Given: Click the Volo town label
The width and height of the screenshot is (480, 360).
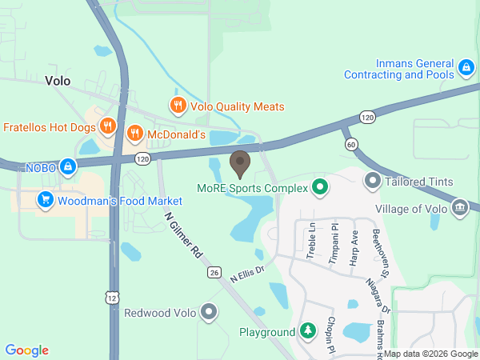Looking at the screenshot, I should [58, 80].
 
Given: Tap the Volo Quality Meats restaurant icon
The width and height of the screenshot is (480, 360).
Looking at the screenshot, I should [178, 105].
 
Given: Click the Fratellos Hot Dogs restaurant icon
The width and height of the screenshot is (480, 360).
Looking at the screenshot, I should [107, 126].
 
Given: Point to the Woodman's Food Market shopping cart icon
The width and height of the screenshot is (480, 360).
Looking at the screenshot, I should [45, 200].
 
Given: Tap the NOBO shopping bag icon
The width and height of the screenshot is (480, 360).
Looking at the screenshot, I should [69, 166].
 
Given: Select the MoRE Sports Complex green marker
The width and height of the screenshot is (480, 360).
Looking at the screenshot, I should [320, 188].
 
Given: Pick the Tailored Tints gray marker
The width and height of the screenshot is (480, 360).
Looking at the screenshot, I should [372, 182].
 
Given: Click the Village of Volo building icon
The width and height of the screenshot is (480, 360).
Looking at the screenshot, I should [459, 208].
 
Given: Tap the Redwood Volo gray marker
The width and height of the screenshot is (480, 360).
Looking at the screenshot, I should [209, 312].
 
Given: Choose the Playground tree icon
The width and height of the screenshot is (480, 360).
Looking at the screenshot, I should [308, 331].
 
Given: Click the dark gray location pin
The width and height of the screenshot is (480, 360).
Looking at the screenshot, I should [239, 164].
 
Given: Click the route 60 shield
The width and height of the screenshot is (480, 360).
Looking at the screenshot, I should [352, 144].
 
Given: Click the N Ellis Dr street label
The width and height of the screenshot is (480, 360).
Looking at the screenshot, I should [246, 274].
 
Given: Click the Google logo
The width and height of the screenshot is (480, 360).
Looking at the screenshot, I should [27, 350].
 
